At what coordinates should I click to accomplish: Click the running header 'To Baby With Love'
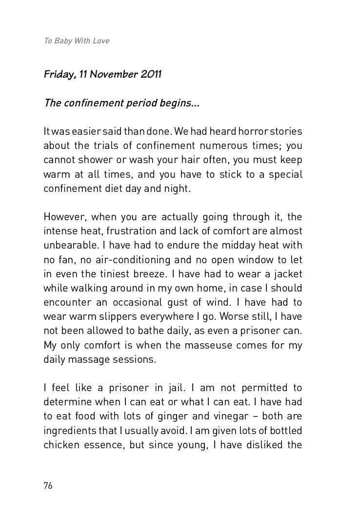(77, 41)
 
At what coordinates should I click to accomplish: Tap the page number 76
(48, 485)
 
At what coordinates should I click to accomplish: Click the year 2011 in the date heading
(151, 75)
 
